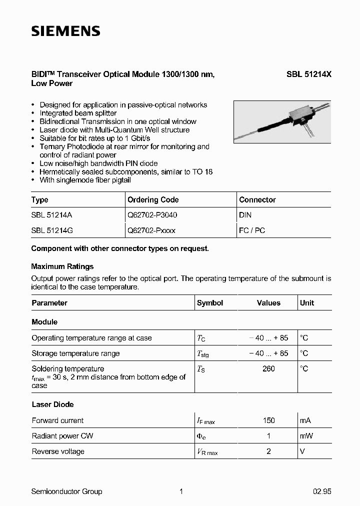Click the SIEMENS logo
pos(65,31)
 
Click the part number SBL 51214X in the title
pos(308,74)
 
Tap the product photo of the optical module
pos(282,122)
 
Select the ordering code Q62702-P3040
pos(152,215)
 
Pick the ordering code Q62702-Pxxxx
pos(151,230)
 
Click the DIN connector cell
pos(245,215)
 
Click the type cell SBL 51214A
pos(52,215)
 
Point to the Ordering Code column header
pos(153,199)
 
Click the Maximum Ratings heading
pos(62,266)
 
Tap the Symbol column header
pos(210,303)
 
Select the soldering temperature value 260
pos(268,368)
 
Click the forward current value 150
pos(268,420)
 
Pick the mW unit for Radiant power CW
pos(306,436)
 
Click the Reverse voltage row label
pos(58,451)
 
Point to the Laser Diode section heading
pos(52,404)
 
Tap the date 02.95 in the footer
pos(322,491)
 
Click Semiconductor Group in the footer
pos(66,491)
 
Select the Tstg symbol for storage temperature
pos(202,354)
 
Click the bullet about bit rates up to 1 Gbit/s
pos(95,138)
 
